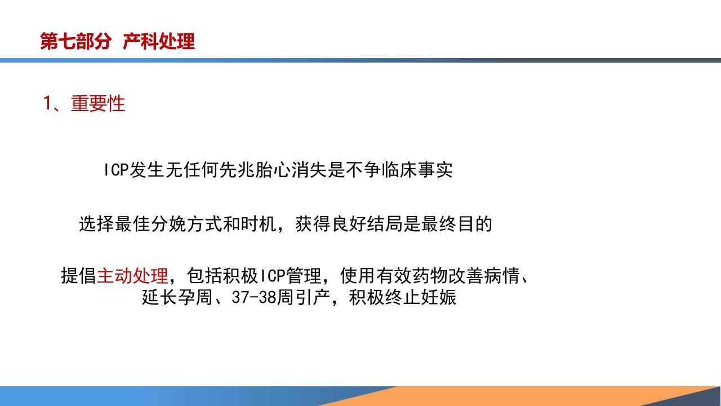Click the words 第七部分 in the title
(x=75, y=41)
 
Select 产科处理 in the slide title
(x=159, y=41)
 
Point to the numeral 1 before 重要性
(x=48, y=104)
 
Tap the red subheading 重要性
(x=98, y=104)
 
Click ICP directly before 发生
(x=116, y=170)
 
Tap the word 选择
(x=96, y=224)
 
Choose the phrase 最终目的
(x=457, y=224)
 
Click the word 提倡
(x=78, y=276)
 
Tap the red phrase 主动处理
(x=132, y=276)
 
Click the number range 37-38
(x=254, y=297)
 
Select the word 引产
(x=313, y=297)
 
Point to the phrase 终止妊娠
(x=421, y=297)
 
